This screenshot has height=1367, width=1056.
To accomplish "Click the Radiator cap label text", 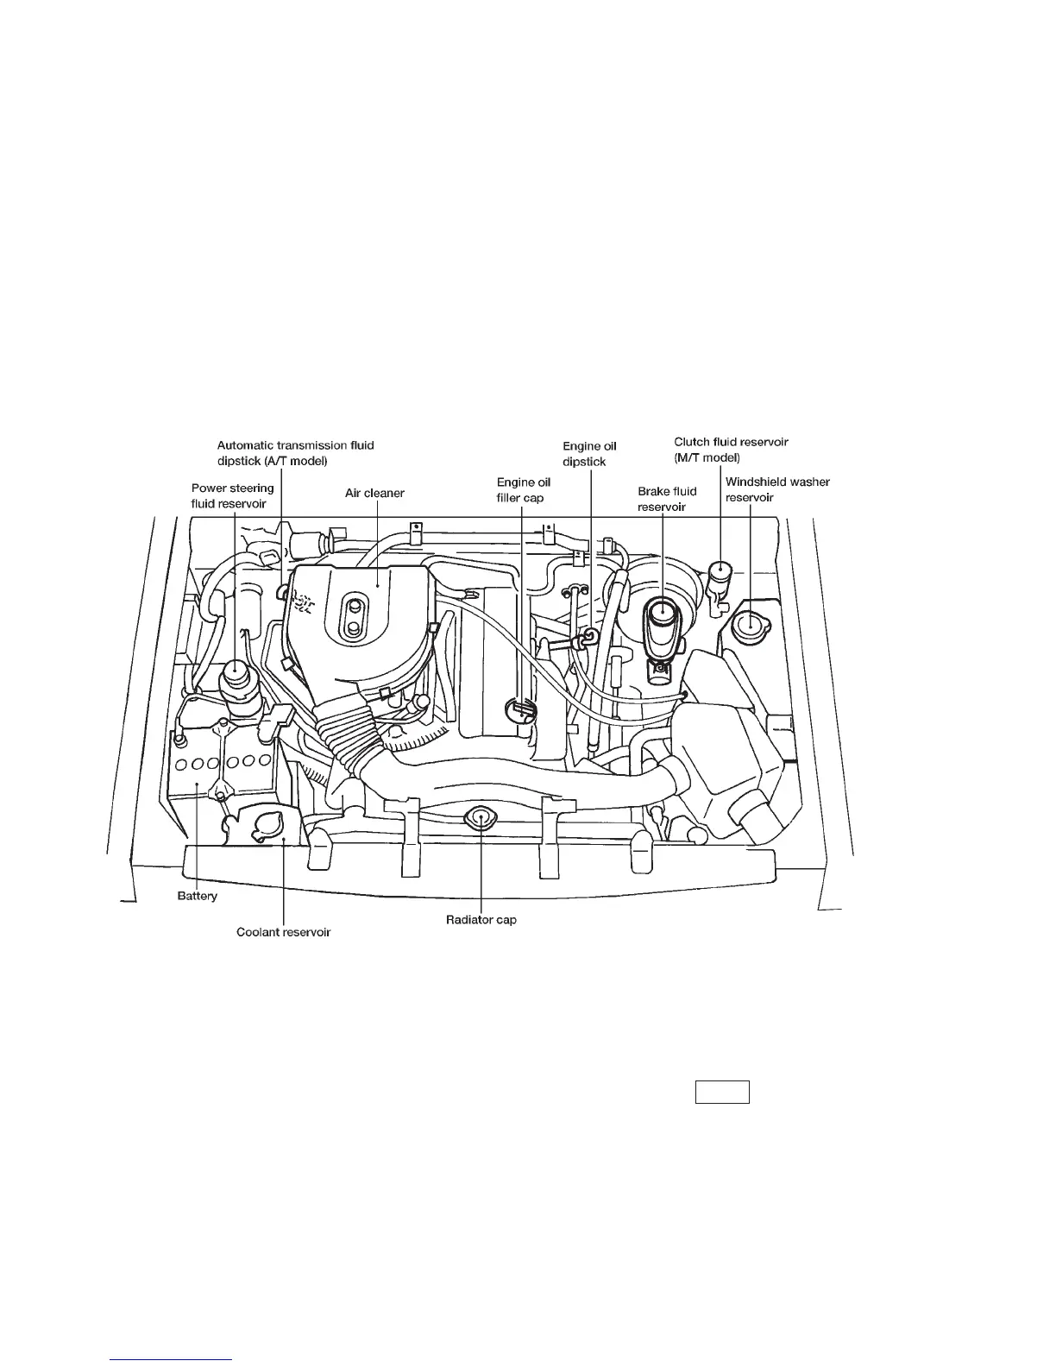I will pyautogui.click(x=481, y=920).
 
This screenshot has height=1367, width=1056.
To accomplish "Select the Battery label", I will pyautogui.click(x=198, y=896).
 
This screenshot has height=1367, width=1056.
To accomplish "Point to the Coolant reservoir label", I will pyautogui.click(x=284, y=932).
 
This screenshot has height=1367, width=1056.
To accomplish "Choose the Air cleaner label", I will pyautogui.click(x=374, y=494).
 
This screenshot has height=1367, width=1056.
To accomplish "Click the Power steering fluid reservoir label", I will pyautogui.click(x=232, y=495).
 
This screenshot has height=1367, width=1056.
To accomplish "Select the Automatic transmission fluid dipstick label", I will pyautogui.click(x=295, y=453).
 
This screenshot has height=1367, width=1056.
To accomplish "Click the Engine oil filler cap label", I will pyautogui.click(x=523, y=490).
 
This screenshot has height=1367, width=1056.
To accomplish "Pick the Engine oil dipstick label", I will pyautogui.click(x=589, y=454).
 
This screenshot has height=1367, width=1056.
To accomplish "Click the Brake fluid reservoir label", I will pyautogui.click(x=667, y=499).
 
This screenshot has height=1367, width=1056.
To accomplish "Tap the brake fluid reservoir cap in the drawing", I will pyautogui.click(x=662, y=611).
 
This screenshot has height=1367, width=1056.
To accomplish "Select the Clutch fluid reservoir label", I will pyautogui.click(x=731, y=450).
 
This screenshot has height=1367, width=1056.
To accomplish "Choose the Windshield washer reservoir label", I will pyautogui.click(x=776, y=489).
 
